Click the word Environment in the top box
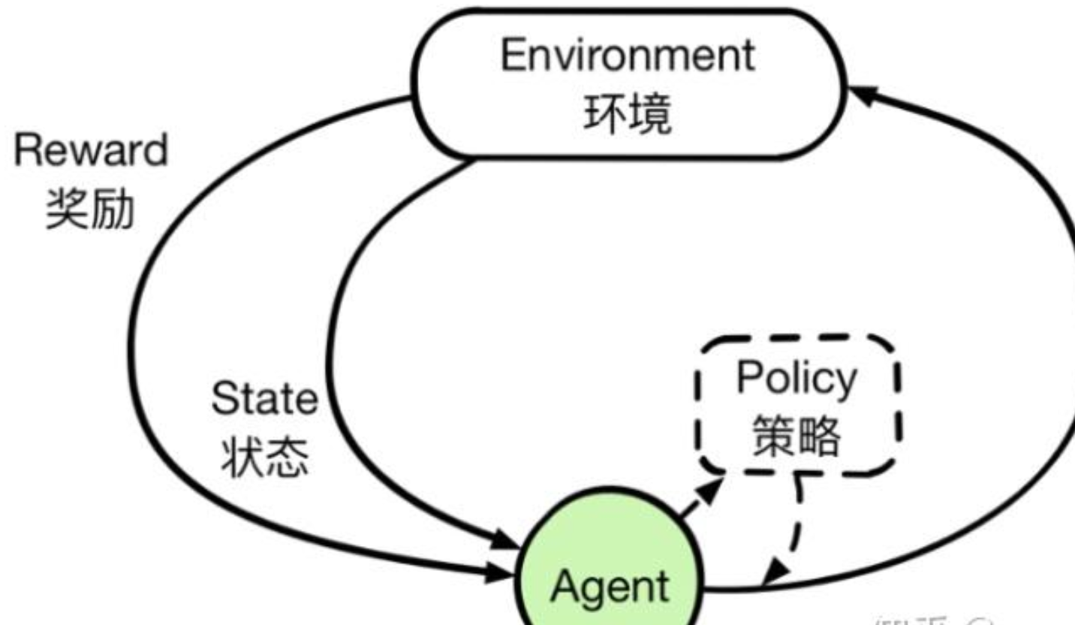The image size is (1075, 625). coord(628,56)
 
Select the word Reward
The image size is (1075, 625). coord(91,151)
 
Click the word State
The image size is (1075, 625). coord(264,399)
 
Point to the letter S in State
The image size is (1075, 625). coord(223,399)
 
